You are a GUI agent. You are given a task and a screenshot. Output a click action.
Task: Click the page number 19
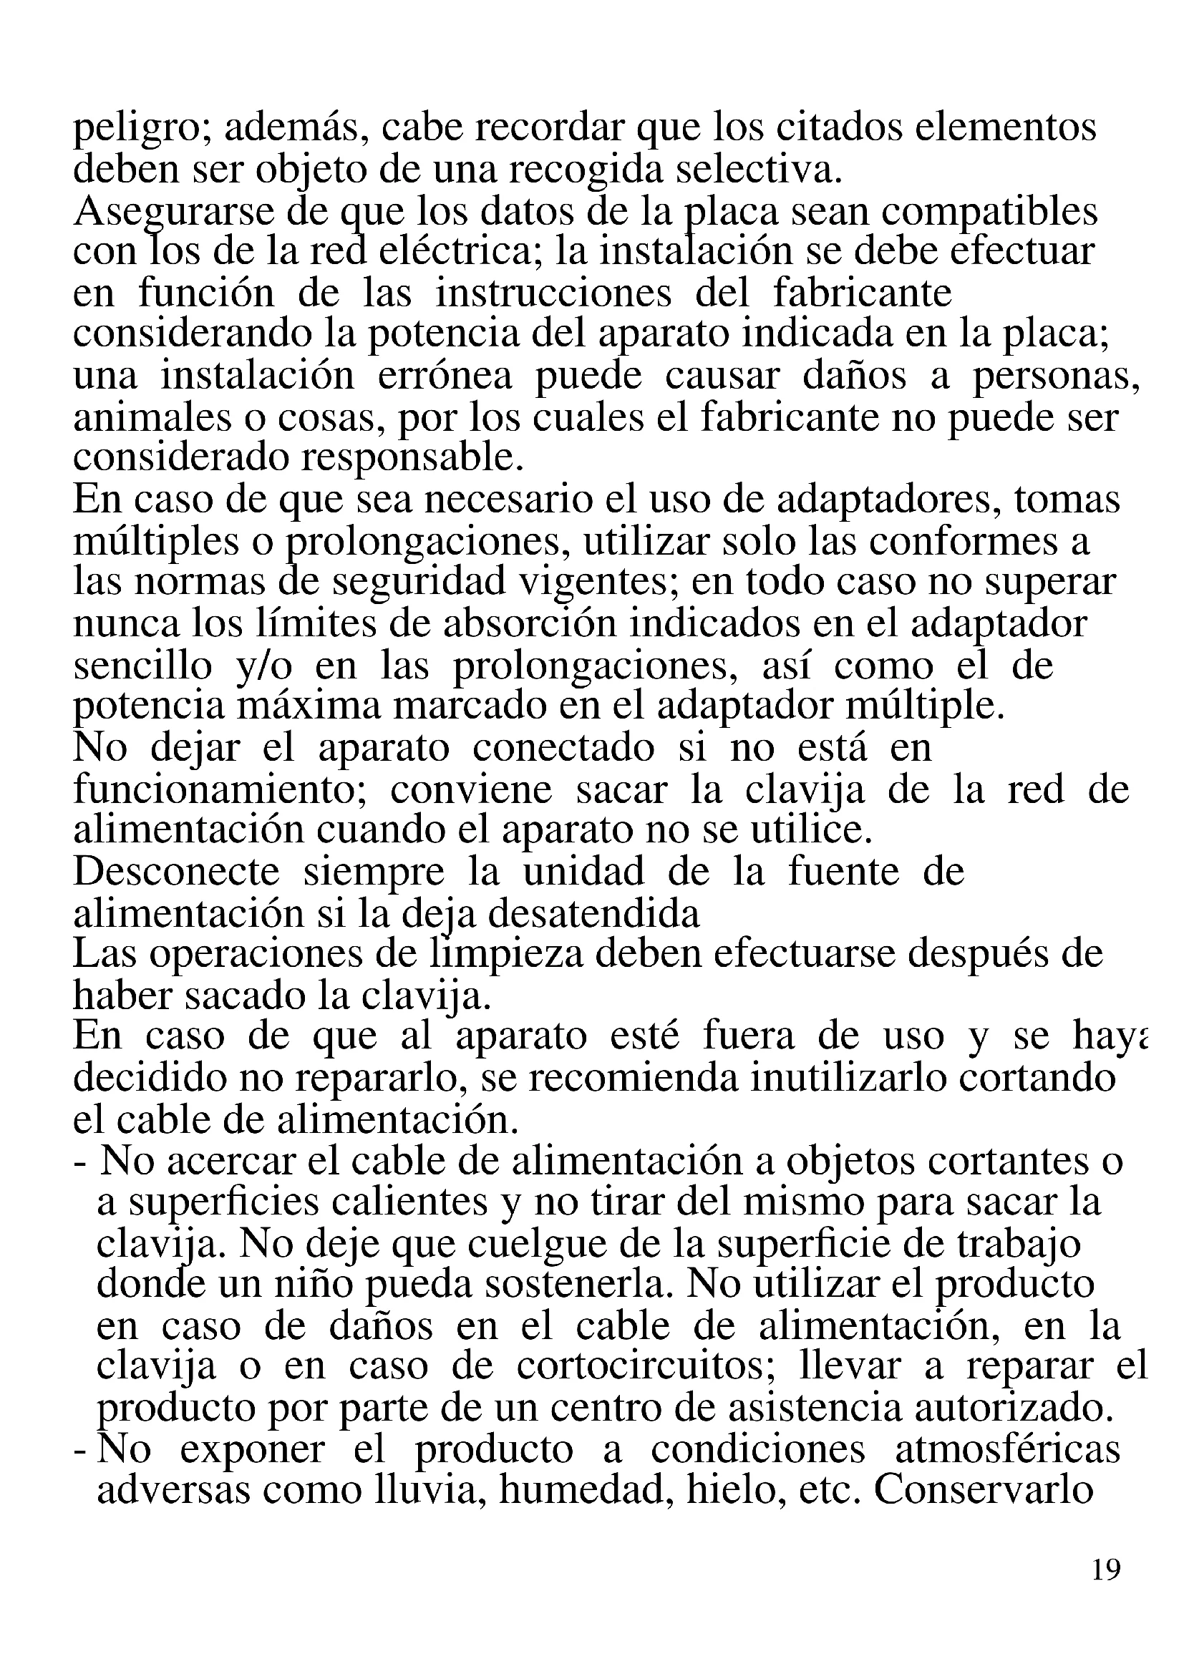coord(1106,1568)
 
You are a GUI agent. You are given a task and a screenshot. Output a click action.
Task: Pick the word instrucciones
coord(553,293)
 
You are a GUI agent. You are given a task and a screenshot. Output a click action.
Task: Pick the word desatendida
coord(593,913)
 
